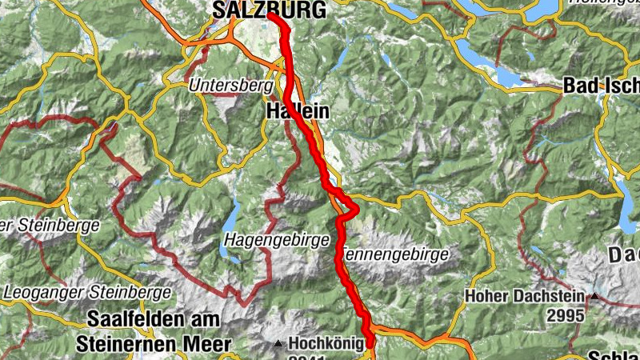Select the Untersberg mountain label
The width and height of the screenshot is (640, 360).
click(226, 84)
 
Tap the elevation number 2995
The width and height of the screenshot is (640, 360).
click(566, 316)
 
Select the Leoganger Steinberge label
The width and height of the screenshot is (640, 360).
click(88, 293)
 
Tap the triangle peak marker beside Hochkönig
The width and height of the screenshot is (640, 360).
click(278, 345)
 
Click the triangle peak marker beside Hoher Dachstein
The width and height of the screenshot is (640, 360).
click(594, 298)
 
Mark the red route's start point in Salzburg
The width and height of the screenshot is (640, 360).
click(270, 15)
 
